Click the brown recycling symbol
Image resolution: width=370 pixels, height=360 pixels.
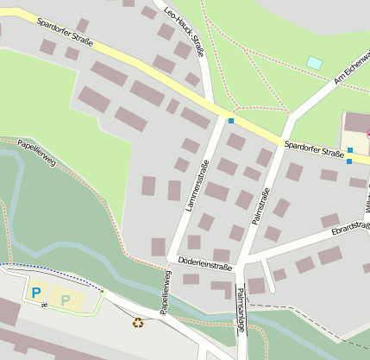tap(138, 323)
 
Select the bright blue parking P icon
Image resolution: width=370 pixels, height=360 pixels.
tap(36, 293)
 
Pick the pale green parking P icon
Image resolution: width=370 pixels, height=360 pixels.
tap(66, 300)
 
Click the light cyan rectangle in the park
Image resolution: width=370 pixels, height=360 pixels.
tap(315, 63)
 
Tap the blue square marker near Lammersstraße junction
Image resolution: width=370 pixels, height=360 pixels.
tap(231, 121)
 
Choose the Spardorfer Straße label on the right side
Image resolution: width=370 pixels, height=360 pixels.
tap(314, 152)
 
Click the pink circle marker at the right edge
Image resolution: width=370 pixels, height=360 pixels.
tap(368, 134)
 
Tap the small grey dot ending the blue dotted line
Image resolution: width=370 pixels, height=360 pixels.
tap(103, 292)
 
